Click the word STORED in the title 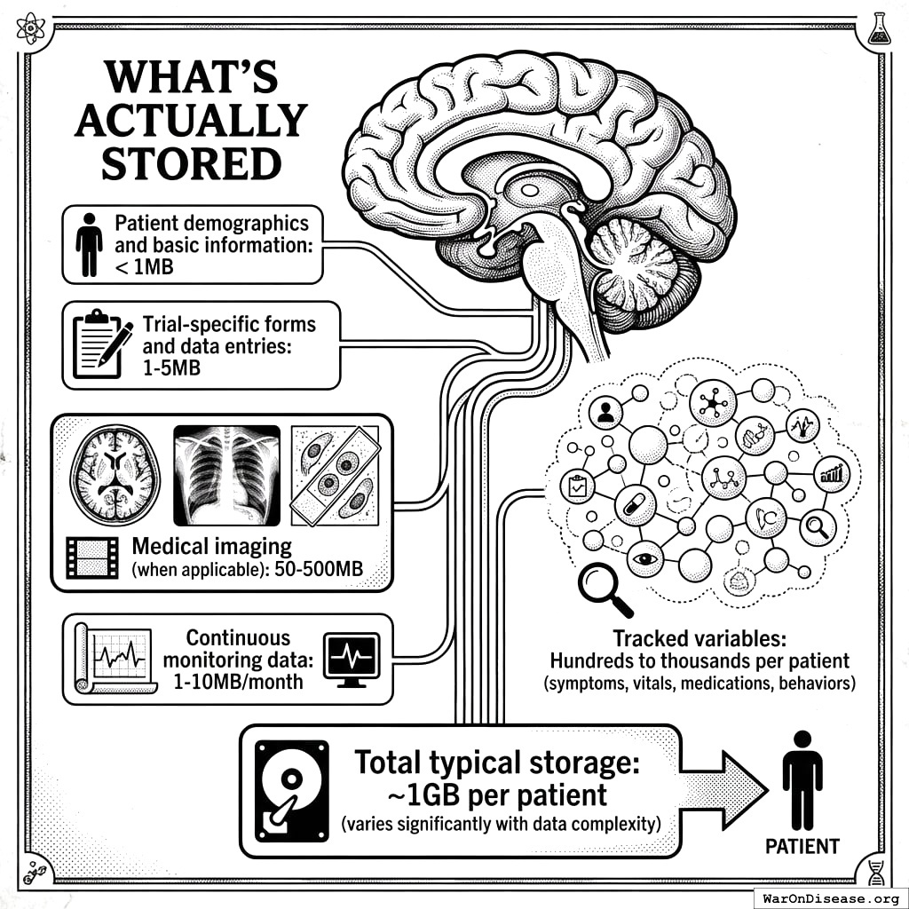click(191, 163)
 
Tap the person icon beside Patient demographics click(89, 244)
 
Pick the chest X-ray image click(226, 475)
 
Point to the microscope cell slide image click(336, 475)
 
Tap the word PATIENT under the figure click(802, 846)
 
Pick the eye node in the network click(645, 559)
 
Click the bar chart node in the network click(833, 473)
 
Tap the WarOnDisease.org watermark click(830, 897)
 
